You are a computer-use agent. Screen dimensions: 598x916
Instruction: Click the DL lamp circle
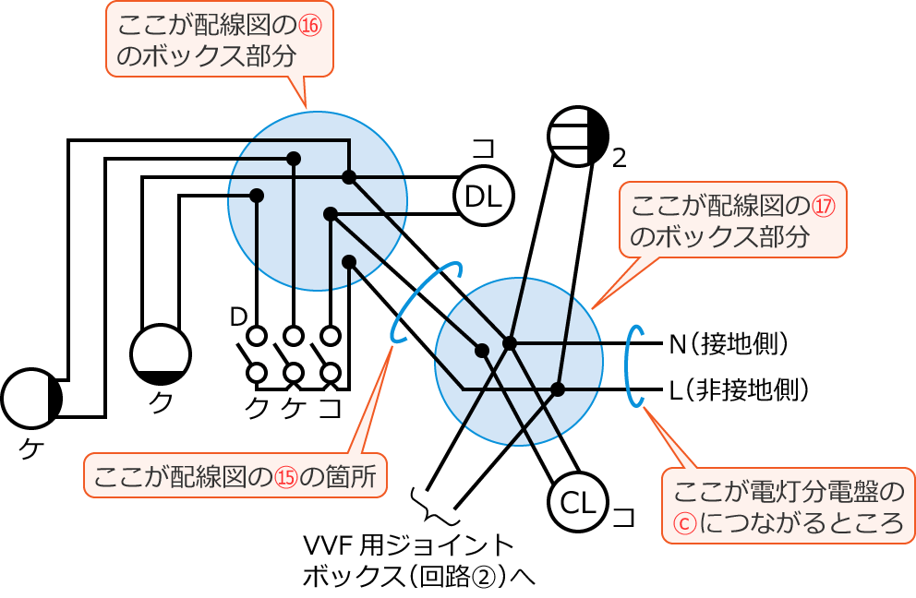point(483,196)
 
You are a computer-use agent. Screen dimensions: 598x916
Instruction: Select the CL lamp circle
point(579,502)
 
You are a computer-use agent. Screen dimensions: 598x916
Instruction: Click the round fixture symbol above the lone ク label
point(161,354)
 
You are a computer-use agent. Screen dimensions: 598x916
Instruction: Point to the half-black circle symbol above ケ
point(31,399)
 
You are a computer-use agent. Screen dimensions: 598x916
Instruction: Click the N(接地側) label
point(729,344)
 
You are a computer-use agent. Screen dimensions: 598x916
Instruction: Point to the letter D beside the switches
point(237,317)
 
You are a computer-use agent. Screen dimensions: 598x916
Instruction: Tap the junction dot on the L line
point(558,389)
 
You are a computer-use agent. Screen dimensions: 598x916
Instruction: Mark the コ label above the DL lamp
point(483,149)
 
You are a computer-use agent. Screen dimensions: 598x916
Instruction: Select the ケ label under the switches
point(293,407)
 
